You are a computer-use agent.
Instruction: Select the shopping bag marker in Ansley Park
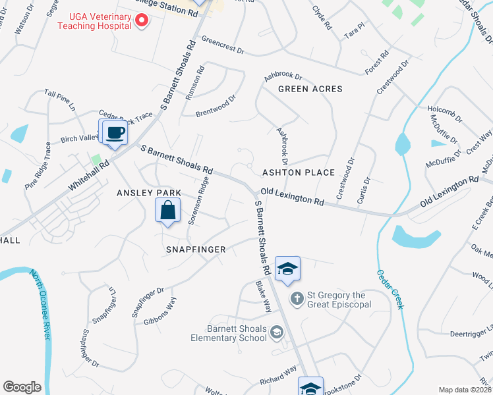pyautogui.click(x=167, y=211)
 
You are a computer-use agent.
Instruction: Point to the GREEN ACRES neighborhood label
pyautogui.click(x=310, y=89)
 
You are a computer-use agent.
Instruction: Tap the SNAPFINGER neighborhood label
pyautogui.click(x=195, y=250)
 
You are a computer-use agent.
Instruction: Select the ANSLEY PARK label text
pyautogui.click(x=148, y=193)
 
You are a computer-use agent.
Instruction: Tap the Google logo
pyautogui.click(x=22, y=387)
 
